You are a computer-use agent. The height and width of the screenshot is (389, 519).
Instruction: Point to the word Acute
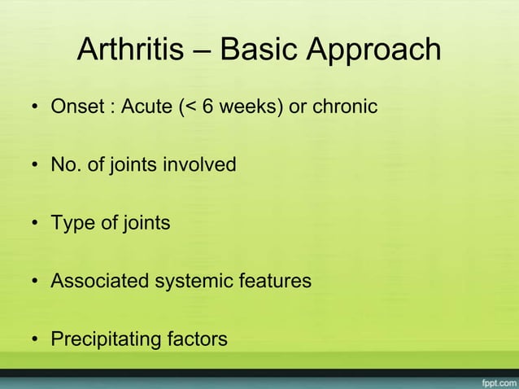click(145, 107)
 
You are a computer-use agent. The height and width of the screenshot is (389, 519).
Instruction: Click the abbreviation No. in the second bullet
click(64, 165)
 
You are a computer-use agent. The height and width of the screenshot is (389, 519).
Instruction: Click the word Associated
click(96, 282)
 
